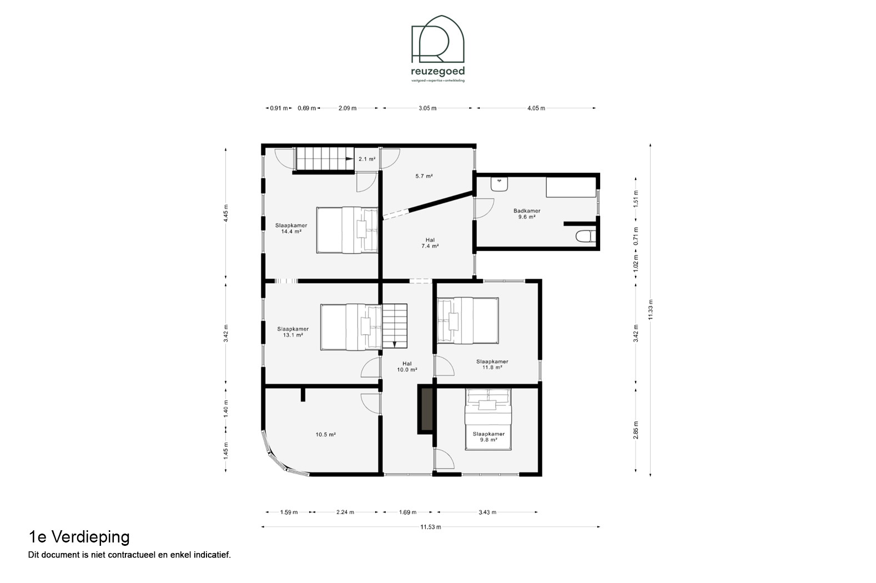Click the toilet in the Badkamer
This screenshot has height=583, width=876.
(x=586, y=237)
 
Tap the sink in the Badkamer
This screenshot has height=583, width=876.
(x=499, y=184)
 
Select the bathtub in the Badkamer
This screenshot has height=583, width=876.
(x=571, y=187)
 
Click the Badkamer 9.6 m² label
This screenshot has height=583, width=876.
(x=527, y=214)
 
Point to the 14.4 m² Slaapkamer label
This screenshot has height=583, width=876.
(x=291, y=228)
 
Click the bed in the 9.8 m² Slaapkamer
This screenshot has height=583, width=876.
(x=487, y=419)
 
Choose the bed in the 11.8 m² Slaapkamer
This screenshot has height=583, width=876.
(x=468, y=320)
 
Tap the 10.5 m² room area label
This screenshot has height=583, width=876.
(x=326, y=434)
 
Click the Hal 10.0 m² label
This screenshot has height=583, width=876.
(x=407, y=366)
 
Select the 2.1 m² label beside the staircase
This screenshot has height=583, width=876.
(x=367, y=159)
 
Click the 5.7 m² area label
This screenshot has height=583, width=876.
(x=424, y=176)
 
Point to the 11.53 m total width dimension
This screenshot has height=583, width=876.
(x=431, y=527)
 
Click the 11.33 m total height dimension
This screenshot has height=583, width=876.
(x=651, y=309)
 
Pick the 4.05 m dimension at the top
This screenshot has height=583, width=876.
(x=536, y=108)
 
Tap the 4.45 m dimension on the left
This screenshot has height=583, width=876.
(x=225, y=213)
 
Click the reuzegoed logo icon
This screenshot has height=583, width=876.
(x=437, y=39)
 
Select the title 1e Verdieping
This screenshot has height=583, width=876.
(x=79, y=537)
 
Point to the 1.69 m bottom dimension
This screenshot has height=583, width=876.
(x=407, y=512)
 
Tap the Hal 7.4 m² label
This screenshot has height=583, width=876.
(x=430, y=243)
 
